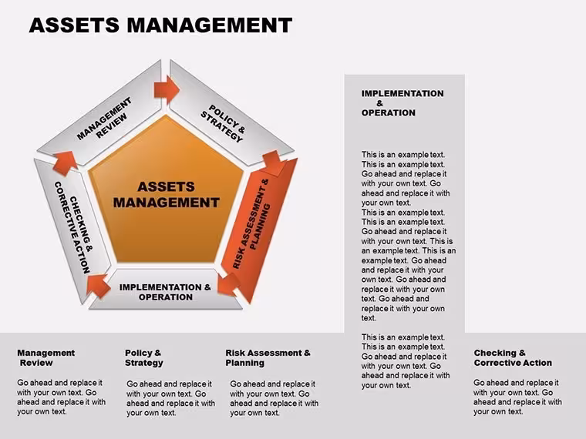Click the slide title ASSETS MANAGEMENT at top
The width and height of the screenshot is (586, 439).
click(160, 25)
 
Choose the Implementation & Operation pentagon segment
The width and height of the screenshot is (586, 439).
click(166, 290)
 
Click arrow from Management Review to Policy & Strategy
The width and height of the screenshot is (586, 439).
click(167, 89)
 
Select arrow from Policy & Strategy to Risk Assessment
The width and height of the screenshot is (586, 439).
click(274, 163)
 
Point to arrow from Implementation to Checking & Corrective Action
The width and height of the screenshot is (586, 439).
click(98, 286)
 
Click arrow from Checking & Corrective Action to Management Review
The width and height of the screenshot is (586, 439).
click(65, 163)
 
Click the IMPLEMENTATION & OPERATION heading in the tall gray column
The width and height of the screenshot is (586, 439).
click(402, 103)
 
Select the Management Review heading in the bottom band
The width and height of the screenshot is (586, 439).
click(46, 357)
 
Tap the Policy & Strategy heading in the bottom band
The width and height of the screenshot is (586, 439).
click(144, 357)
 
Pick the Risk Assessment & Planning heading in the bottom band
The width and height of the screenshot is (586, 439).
click(268, 357)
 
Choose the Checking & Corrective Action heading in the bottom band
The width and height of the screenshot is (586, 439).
click(513, 357)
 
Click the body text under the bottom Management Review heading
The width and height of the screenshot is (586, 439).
click(61, 397)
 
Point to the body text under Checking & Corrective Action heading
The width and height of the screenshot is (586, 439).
click(517, 397)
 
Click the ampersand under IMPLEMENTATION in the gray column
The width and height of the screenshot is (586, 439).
click(379, 103)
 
